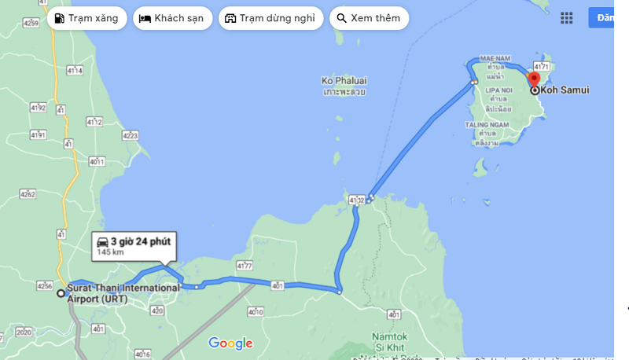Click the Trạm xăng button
pyautogui.click(x=86, y=18)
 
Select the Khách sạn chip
pyautogui.click(x=172, y=18)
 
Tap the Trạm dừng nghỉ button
pyautogui.click(x=270, y=18)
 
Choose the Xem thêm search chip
pyautogui.click(x=369, y=18)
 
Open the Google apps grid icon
pyautogui.click(x=566, y=18)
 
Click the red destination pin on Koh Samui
pyautogui.click(x=534, y=79)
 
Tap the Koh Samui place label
pyautogui.click(x=565, y=90)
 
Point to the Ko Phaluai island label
pyautogui.click(x=344, y=81)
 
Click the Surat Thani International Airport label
pyautogui.click(x=123, y=288)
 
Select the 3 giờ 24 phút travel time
pyautogui.click(x=141, y=241)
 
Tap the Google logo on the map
pyautogui.click(x=230, y=343)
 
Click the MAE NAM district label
pyautogui.click(x=495, y=60)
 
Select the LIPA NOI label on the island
pyautogui.click(x=496, y=91)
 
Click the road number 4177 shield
pyautogui.click(x=243, y=266)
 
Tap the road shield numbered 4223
pyautogui.click(x=130, y=136)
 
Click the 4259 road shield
pyautogui.click(x=31, y=24)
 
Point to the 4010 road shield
pyautogui.click(x=255, y=312)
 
